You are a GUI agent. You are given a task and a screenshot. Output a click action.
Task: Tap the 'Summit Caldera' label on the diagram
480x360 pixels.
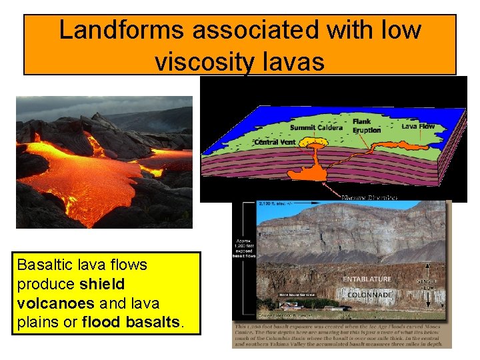click(316, 127)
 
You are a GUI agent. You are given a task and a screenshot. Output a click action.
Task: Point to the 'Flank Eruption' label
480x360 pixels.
click(366, 126)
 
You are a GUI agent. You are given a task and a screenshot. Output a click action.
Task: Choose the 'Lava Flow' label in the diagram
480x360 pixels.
click(418, 125)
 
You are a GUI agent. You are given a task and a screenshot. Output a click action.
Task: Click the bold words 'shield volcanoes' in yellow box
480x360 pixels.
click(70, 293)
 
